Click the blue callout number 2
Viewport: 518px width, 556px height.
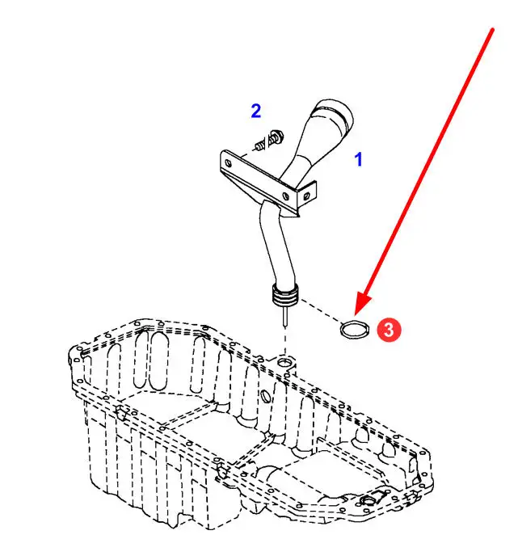[x=255, y=112]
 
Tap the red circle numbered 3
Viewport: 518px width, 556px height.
[x=389, y=329]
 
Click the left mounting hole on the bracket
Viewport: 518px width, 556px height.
[x=228, y=162]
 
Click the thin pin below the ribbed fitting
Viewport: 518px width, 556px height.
[x=284, y=318]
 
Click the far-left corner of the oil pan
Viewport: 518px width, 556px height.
[x=74, y=350]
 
